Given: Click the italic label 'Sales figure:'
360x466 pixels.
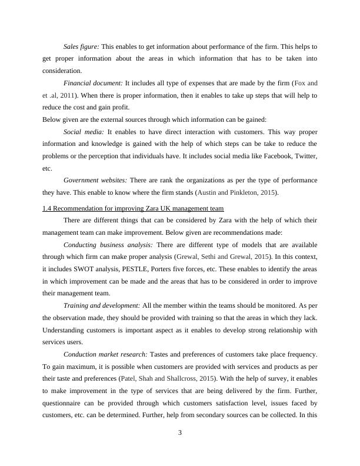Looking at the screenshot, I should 82,46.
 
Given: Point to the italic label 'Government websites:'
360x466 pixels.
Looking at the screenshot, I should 95,180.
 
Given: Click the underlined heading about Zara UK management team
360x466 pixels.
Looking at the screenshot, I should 133,209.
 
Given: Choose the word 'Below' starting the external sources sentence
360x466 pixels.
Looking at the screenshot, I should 52,119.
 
